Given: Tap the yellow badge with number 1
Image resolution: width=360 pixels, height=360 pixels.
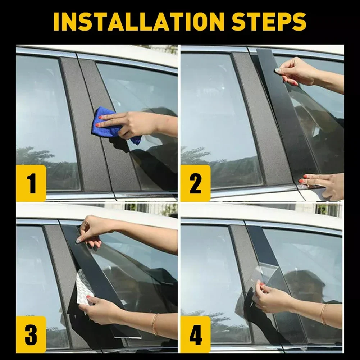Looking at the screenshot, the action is click(31, 183).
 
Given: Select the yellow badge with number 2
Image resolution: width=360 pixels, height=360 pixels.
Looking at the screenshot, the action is click(196, 183).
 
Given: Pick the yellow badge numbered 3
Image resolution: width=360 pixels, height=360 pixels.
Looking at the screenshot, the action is click(31, 334).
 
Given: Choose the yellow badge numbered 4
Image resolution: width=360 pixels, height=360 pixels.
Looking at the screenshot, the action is click(196, 334).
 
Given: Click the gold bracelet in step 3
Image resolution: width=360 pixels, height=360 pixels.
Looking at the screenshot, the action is click(155, 324).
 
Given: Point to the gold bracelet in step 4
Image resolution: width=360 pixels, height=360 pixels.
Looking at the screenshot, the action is click(323, 314).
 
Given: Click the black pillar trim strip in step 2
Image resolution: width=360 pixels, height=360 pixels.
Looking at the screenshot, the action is click(285, 115).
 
